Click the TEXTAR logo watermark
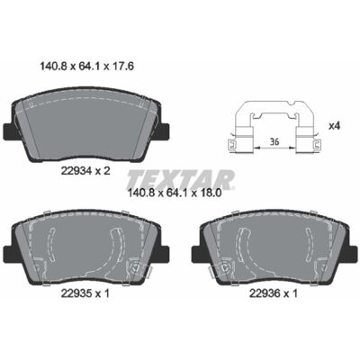pyautogui.click(x=181, y=179)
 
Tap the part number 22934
pyautogui.click(x=76, y=171)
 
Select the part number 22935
pyautogui.click(x=76, y=293)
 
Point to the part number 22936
pyautogui.click(x=264, y=293)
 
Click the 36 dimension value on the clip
pyautogui.click(x=274, y=141)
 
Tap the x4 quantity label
pyautogui.click(x=334, y=126)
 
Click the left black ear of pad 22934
pyautogui.click(x=8, y=130)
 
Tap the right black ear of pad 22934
pyautogui.click(x=164, y=130)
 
